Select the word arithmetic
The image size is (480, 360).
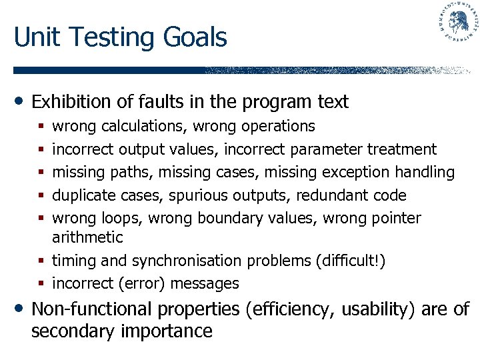[87, 237]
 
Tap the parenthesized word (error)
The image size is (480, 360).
[142, 283]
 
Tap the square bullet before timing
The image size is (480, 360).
[42, 261]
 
